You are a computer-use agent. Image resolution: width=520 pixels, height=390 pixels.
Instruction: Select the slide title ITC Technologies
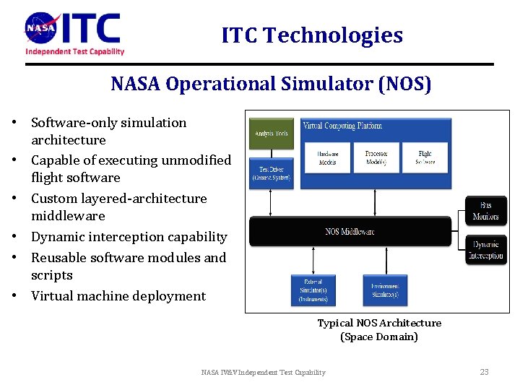pos(312,35)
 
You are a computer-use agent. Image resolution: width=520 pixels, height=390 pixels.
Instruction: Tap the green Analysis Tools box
pos(272,133)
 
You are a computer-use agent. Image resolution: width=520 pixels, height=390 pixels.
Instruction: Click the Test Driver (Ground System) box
pos(272,174)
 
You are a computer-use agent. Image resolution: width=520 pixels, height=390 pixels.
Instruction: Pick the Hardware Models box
pos(327,157)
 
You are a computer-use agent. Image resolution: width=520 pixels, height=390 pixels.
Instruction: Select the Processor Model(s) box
pos(376,157)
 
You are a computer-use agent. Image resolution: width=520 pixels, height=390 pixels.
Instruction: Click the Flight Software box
pos(425,157)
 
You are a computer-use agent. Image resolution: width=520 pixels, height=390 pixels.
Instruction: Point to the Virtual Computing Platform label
pos(342,126)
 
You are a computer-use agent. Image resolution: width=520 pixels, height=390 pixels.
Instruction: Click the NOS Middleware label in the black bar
pos(350,232)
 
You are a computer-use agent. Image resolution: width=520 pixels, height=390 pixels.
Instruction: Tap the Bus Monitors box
pos(486,212)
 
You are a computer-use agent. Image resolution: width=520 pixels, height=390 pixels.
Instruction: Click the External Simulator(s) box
pos(313,290)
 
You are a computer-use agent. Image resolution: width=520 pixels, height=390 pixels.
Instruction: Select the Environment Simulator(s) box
pos(384,290)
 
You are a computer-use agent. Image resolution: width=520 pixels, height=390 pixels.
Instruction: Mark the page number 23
pos(484,372)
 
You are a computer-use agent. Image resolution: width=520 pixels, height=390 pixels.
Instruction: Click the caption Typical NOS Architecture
pos(379,323)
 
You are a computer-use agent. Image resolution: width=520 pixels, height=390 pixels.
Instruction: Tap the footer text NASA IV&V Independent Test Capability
pos(263,373)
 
